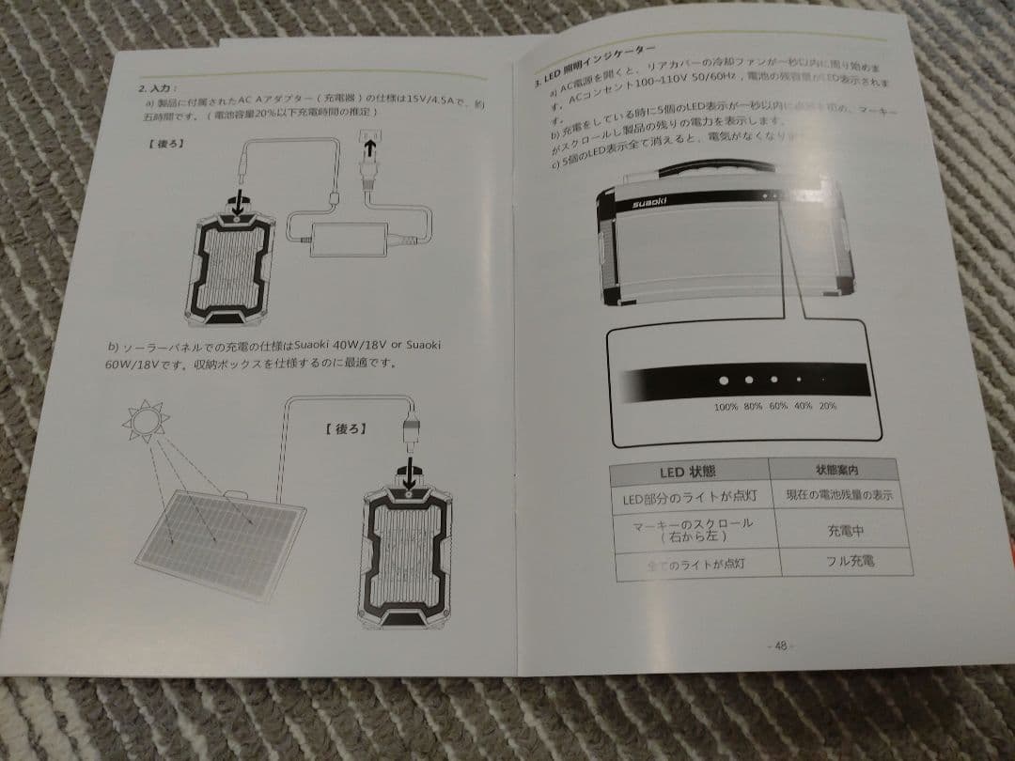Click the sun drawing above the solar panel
click(147, 423)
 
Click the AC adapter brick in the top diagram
click(349, 234)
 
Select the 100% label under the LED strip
click(726, 406)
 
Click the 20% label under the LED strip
click(827, 407)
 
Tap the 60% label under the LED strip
click(777, 407)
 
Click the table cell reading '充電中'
click(844, 531)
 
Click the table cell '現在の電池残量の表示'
click(838, 495)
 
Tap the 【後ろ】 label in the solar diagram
click(345, 428)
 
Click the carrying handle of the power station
click(714, 175)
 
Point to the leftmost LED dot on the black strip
click(724, 381)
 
